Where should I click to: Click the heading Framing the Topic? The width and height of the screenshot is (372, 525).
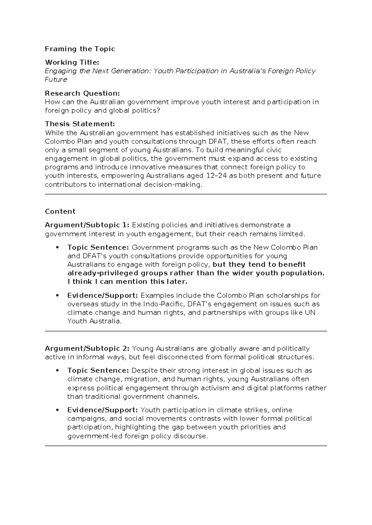pos(80,49)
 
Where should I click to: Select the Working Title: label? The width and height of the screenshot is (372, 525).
pos(72,62)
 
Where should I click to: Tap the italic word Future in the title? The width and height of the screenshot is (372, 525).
pos(56,80)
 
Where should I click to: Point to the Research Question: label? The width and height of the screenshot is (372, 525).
pos(82,93)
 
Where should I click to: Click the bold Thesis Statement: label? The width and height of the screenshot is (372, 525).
pos(80,124)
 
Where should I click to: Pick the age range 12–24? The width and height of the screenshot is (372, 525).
pos(216,176)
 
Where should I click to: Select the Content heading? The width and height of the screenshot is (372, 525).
pos(60,211)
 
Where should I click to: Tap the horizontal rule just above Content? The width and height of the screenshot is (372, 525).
pos(186,194)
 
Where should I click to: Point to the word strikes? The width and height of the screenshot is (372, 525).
pos(257,410)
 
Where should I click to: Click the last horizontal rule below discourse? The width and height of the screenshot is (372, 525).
pos(186,446)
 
